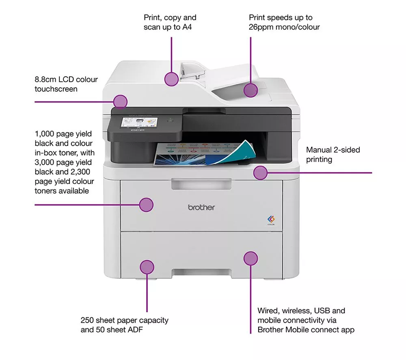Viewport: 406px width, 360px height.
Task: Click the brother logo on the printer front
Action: click(201, 207)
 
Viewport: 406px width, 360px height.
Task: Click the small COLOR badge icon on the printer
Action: click(271, 220)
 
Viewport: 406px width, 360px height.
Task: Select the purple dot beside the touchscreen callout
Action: click(120, 101)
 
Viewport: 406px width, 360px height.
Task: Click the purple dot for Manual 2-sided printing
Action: click(260, 172)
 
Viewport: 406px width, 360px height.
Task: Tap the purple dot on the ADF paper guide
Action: click(172, 79)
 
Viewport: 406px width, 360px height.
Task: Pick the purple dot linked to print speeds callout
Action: click(251, 90)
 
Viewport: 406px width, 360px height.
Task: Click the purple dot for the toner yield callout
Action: click(146, 205)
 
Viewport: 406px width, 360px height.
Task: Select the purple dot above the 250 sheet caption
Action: click(147, 267)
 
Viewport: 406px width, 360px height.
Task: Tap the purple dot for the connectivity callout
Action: click(251, 259)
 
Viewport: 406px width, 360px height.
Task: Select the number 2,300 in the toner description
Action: click(84, 172)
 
